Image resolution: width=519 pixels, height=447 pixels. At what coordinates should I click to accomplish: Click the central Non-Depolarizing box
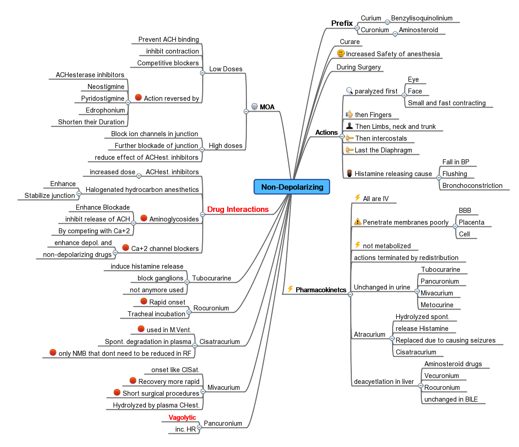292,187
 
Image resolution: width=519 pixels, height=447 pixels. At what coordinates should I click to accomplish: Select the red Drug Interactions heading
238,209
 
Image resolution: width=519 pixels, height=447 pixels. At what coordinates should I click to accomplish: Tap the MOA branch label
267,107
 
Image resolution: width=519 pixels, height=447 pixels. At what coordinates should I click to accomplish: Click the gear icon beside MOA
255,107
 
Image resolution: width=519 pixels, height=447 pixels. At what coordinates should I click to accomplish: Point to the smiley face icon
340,54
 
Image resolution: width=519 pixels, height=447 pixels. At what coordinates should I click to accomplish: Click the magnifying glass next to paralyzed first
349,91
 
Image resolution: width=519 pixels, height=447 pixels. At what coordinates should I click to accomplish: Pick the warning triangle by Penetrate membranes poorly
357,222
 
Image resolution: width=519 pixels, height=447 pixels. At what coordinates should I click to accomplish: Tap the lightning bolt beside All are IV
357,198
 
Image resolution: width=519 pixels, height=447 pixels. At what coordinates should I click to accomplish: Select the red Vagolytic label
182,418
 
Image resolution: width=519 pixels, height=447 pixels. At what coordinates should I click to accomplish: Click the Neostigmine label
106,86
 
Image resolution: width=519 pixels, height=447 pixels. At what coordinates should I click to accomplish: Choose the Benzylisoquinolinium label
422,18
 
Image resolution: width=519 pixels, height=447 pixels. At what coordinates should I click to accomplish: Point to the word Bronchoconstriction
473,186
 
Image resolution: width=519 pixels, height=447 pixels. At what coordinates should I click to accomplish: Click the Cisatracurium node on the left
220,342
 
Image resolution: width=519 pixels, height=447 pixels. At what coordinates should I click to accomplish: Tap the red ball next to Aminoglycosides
143,219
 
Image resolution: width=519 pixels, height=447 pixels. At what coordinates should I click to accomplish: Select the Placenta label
471,222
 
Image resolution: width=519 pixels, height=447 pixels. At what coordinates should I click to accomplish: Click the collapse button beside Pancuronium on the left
199,427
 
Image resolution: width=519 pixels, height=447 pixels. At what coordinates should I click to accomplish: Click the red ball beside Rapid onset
144,302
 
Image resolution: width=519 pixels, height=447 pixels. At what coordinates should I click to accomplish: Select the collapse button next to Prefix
357,28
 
